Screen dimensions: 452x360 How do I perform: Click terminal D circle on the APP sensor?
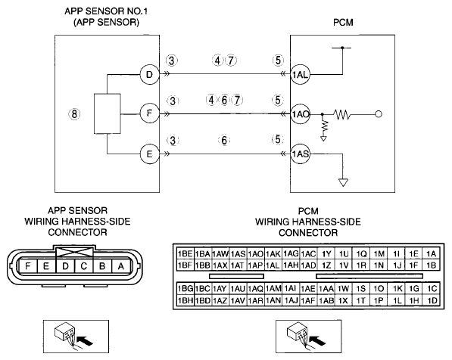(149, 75)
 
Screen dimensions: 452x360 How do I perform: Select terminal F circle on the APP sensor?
(149, 113)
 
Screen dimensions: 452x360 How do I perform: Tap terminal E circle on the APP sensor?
(149, 154)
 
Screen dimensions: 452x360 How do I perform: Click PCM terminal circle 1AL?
(300, 75)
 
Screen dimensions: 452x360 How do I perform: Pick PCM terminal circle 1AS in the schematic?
(300, 154)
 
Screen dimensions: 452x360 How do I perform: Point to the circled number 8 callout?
(74, 114)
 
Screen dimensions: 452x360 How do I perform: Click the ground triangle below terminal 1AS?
(343, 182)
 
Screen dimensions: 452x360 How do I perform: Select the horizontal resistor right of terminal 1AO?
(342, 115)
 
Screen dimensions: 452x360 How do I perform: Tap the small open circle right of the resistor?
(379, 114)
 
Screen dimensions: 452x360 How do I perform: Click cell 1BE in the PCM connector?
(185, 253)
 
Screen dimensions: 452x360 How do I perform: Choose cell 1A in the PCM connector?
(432, 253)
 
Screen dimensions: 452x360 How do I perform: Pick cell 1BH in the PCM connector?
(185, 301)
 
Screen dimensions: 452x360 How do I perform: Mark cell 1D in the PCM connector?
(432, 301)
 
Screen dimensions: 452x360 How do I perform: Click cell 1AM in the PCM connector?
(273, 288)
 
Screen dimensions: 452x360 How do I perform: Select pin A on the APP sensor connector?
(121, 266)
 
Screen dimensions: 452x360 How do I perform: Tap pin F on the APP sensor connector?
(28, 266)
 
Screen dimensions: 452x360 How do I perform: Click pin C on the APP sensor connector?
(83, 266)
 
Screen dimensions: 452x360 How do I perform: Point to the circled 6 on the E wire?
(224, 140)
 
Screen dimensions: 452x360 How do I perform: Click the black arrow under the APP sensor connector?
(86, 340)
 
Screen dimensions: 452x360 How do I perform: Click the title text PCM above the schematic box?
(343, 23)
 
